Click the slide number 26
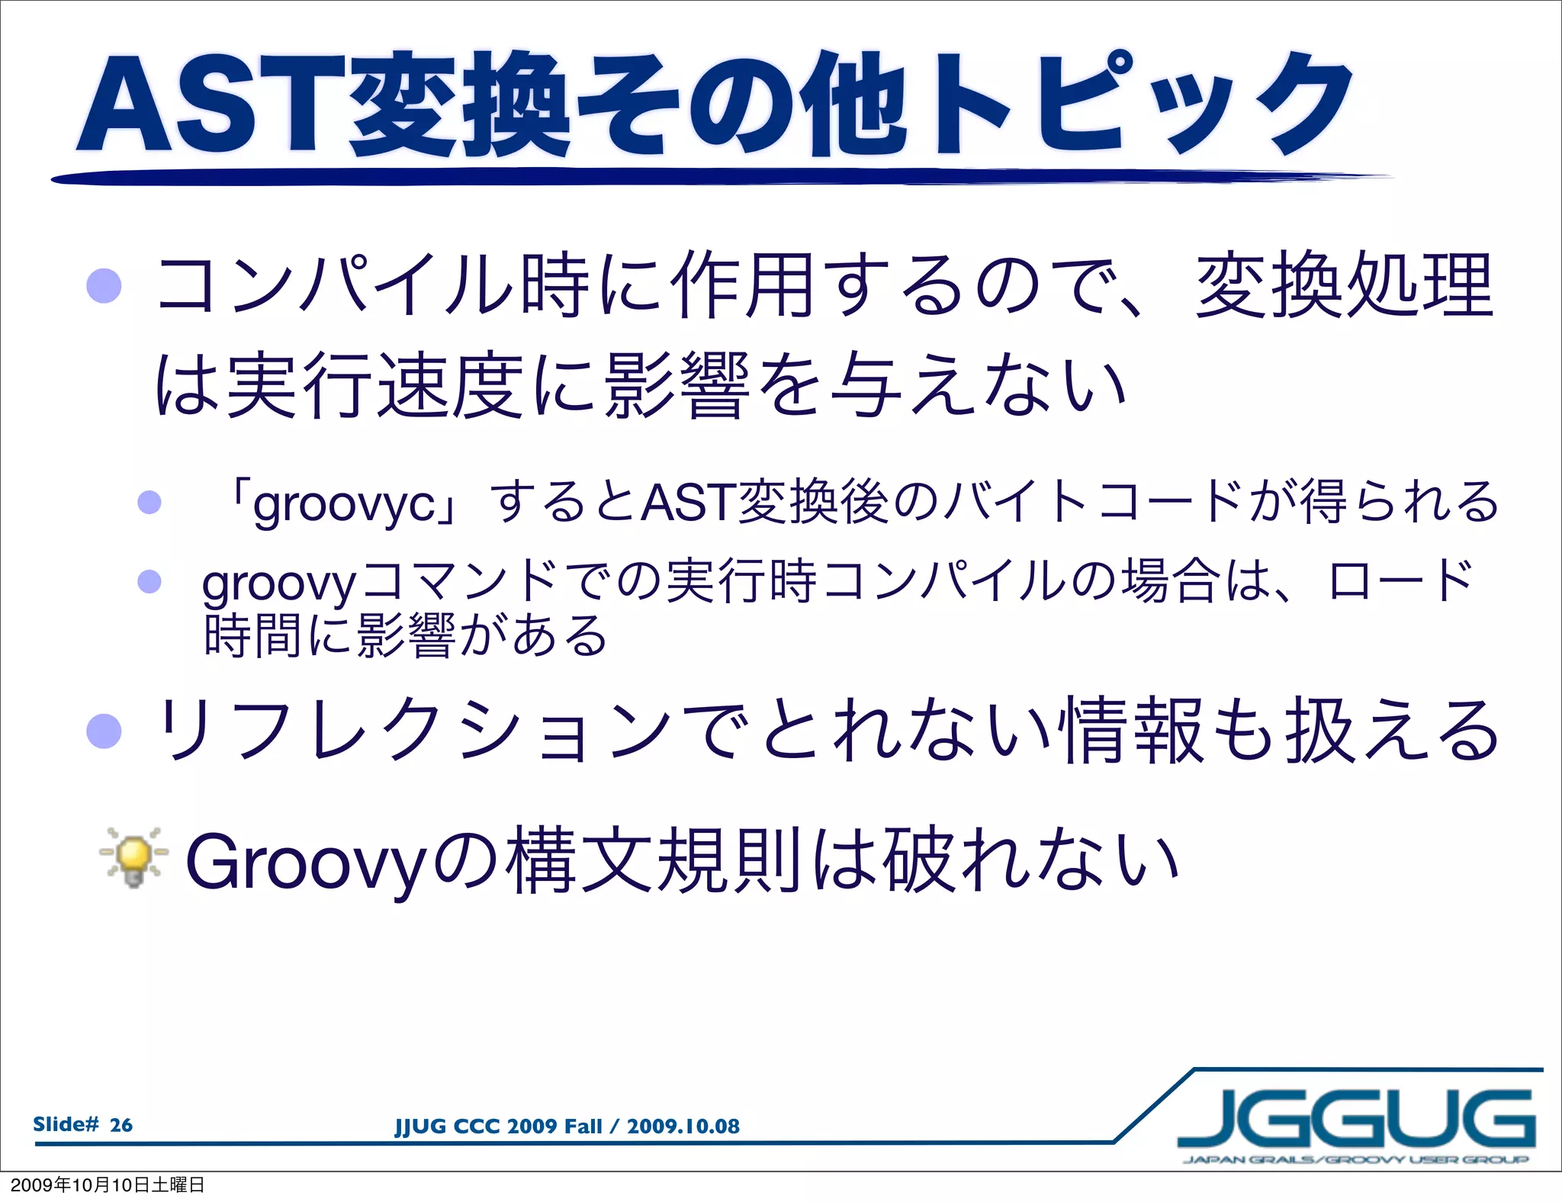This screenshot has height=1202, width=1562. pyautogui.click(x=121, y=1125)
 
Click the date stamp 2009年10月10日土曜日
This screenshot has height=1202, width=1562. pyautogui.click(x=108, y=1185)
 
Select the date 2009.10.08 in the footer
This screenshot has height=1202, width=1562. pyautogui.click(x=683, y=1126)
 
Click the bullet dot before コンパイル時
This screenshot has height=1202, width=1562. pyautogui.click(x=104, y=286)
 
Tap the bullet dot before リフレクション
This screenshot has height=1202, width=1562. pyautogui.click(x=104, y=730)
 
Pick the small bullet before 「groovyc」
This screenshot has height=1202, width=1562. pyautogui.click(x=149, y=502)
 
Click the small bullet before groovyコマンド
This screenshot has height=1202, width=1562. pyautogui.click(x=149, y=581)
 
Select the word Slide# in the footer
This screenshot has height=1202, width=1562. pyautogui.click(x=66, y=1124)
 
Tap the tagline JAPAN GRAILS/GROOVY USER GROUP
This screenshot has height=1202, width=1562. pyautogui.click(x=1355, y=1160)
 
